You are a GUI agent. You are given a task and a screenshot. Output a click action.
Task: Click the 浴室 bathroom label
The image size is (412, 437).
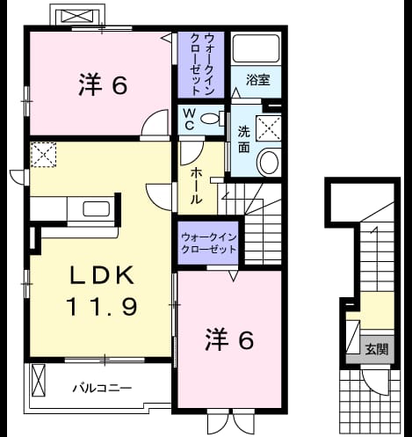(x=257, y=80)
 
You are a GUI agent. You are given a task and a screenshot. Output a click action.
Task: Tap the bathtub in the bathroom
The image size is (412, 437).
(x=256, y=48)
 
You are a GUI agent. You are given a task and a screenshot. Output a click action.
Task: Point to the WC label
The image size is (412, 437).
(x=190, y=119)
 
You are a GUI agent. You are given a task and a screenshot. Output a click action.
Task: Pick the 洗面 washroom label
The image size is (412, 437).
(x=243, y=139)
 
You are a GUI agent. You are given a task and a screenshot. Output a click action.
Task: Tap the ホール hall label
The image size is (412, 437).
(x=196, y=186)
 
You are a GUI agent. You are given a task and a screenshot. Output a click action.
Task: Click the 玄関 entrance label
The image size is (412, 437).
(x=377, y=349)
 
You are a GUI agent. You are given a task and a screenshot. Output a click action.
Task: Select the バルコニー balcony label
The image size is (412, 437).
(x=102, y=389)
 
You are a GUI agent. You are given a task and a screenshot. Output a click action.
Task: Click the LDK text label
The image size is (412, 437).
(x=102, y=275)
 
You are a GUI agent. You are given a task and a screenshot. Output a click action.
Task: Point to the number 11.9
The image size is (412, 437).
(x=102, y=307)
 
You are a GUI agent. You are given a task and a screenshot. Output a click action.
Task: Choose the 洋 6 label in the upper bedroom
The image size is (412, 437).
(x=103, y=85)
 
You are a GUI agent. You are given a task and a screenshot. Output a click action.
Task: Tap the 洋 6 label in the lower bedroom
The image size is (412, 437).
(x=229, y=339)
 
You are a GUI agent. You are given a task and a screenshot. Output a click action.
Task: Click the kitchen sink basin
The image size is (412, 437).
(x=97, y=209)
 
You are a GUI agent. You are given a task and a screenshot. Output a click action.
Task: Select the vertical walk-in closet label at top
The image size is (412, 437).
(x=202, y=64)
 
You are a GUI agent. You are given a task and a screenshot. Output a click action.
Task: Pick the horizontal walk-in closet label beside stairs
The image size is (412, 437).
(x=208, y=243)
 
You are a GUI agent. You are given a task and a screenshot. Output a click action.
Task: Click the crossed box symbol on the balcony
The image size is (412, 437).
(x=39, y=380)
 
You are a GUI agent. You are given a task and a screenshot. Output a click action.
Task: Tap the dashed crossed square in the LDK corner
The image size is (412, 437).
(x=43, y=155)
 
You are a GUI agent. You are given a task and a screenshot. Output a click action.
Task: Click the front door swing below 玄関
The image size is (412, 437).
(x=375, y=382)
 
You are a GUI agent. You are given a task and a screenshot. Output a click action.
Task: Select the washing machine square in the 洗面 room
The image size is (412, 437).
(x=268, y=128)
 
